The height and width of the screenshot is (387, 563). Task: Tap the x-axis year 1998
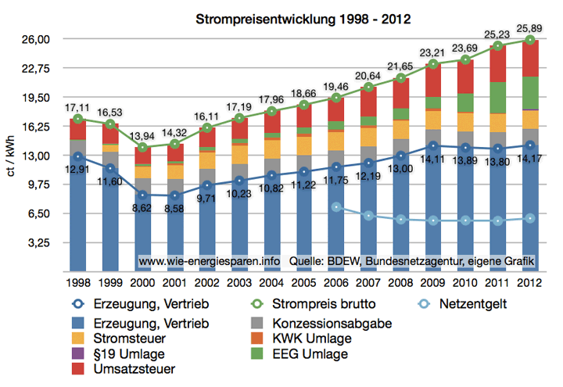click(76, 281)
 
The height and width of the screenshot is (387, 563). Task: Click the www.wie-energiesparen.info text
click(210, 260)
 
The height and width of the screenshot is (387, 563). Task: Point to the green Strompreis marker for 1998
click(77, 120)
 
